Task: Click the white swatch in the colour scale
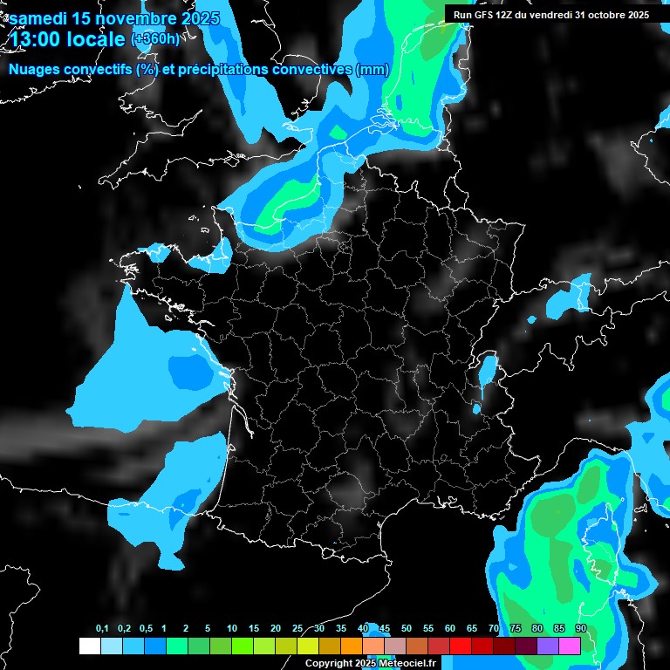click(x=89, y=646)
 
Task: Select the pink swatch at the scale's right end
click(x=570, y=646)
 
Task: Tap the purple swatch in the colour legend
click(x=548, y=646)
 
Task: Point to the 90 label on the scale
click(x=580, y=628)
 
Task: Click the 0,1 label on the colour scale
click(x=101, y=628)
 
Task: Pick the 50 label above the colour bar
click(x=407, y=628)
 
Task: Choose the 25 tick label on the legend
click(x=297, y=628)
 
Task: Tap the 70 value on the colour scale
click(x=494, y=628)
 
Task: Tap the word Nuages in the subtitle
click(x=34, y=70)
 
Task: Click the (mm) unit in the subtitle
click(x=373, y=70)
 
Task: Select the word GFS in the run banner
click(x=485, y=14)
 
